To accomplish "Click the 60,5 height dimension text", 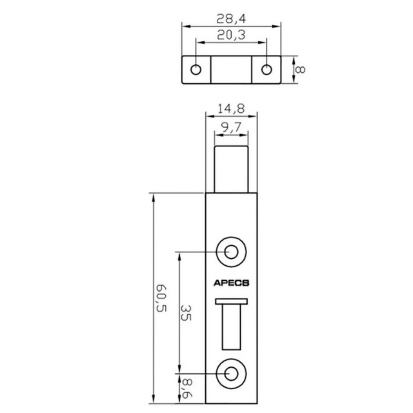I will coord(143,299).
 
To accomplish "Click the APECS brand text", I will coord(231,282).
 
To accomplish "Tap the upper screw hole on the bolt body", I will coord(231,250).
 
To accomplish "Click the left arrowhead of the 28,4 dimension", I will coord(185,26).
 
